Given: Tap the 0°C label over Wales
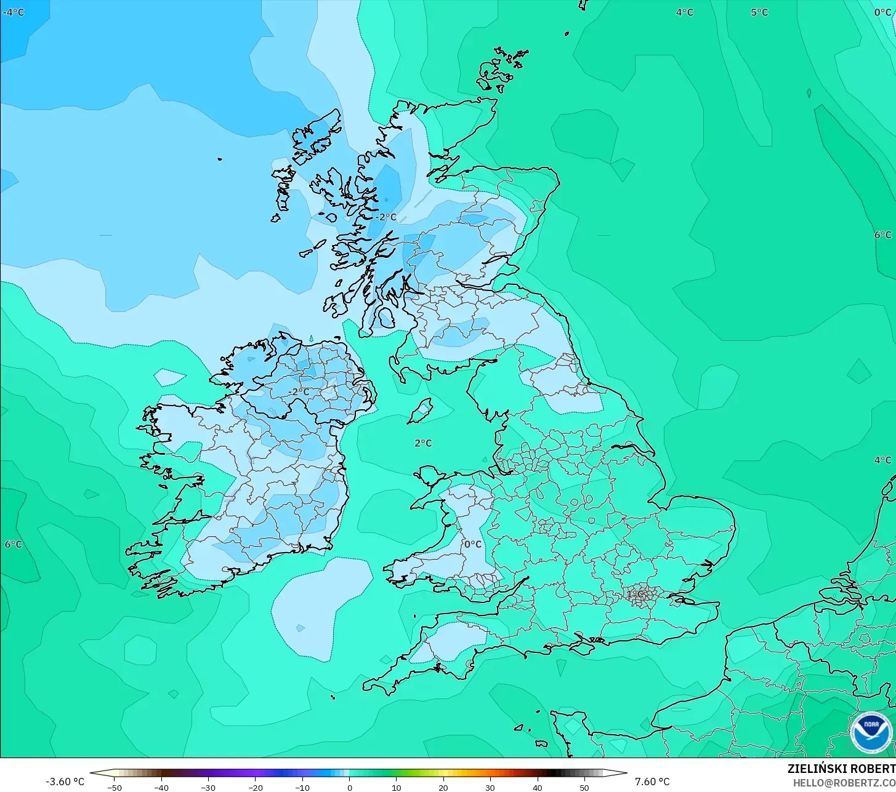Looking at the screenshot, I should coord(472,544).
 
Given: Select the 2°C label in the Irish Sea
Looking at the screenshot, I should coord(423,443).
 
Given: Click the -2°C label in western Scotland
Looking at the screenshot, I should coord(386,217).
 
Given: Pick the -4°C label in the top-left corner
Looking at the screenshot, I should coord(13,12).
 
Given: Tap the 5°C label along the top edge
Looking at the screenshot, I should coord(759,12).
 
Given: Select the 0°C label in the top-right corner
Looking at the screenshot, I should coord(882,12).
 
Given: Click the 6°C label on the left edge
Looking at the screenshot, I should coord(14,544).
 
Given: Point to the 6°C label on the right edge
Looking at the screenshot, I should coord(882,234).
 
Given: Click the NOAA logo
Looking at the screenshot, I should coord(871,732).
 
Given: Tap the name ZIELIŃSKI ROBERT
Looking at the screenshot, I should coord(841,769).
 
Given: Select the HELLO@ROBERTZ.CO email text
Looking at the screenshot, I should coord(844,783).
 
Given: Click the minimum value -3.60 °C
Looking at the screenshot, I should coord(65,782).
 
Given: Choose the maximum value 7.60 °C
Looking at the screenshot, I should coord(652,782).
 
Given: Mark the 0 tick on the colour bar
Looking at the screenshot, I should coord(349,787).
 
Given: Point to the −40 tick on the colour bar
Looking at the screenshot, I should coord(161,787).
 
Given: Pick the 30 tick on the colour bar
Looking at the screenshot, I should coord(490,787).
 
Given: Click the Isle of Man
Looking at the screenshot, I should coord(421,410).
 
